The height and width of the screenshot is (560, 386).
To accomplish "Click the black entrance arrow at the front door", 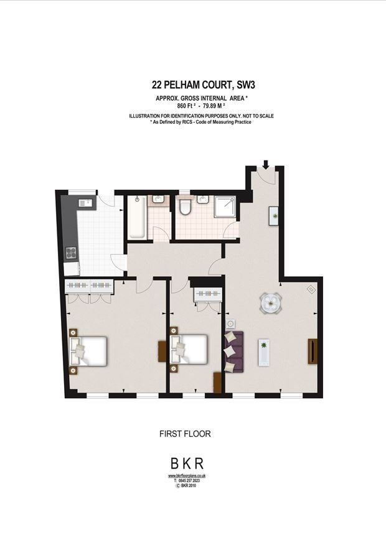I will pos(266,164).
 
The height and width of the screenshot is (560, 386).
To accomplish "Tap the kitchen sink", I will pos(85,203).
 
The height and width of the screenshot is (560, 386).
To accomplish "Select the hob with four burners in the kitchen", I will pos(72,253).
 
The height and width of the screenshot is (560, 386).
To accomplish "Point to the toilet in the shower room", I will pos(185,207).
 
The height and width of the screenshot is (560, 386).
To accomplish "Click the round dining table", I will pos(270,304).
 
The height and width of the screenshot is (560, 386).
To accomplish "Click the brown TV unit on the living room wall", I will pos(312,352).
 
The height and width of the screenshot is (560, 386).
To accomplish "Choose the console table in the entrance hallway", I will pos(274,215).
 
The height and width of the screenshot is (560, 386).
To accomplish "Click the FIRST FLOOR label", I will pos(186,434).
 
